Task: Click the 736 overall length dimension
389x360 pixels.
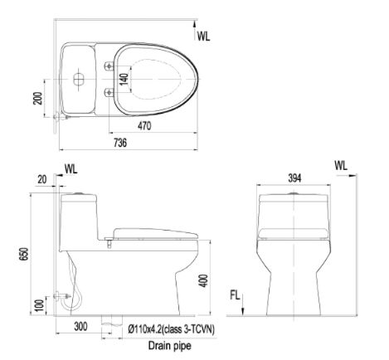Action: [x=120, y=143]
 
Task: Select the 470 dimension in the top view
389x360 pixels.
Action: [x=144, y=126]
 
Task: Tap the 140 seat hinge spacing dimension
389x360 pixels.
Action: [x=124, y=79]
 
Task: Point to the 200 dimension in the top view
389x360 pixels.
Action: [x=37, y=98]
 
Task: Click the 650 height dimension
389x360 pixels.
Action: [x=24, y=254]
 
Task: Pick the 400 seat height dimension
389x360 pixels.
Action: [x=203, y=280]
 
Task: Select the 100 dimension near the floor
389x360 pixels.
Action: [x=40, y=305]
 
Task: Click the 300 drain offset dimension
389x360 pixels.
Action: [x=80, y=327]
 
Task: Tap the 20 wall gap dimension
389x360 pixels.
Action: [x=41, y=180]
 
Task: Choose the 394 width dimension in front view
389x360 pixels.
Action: [x=294, y=178]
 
